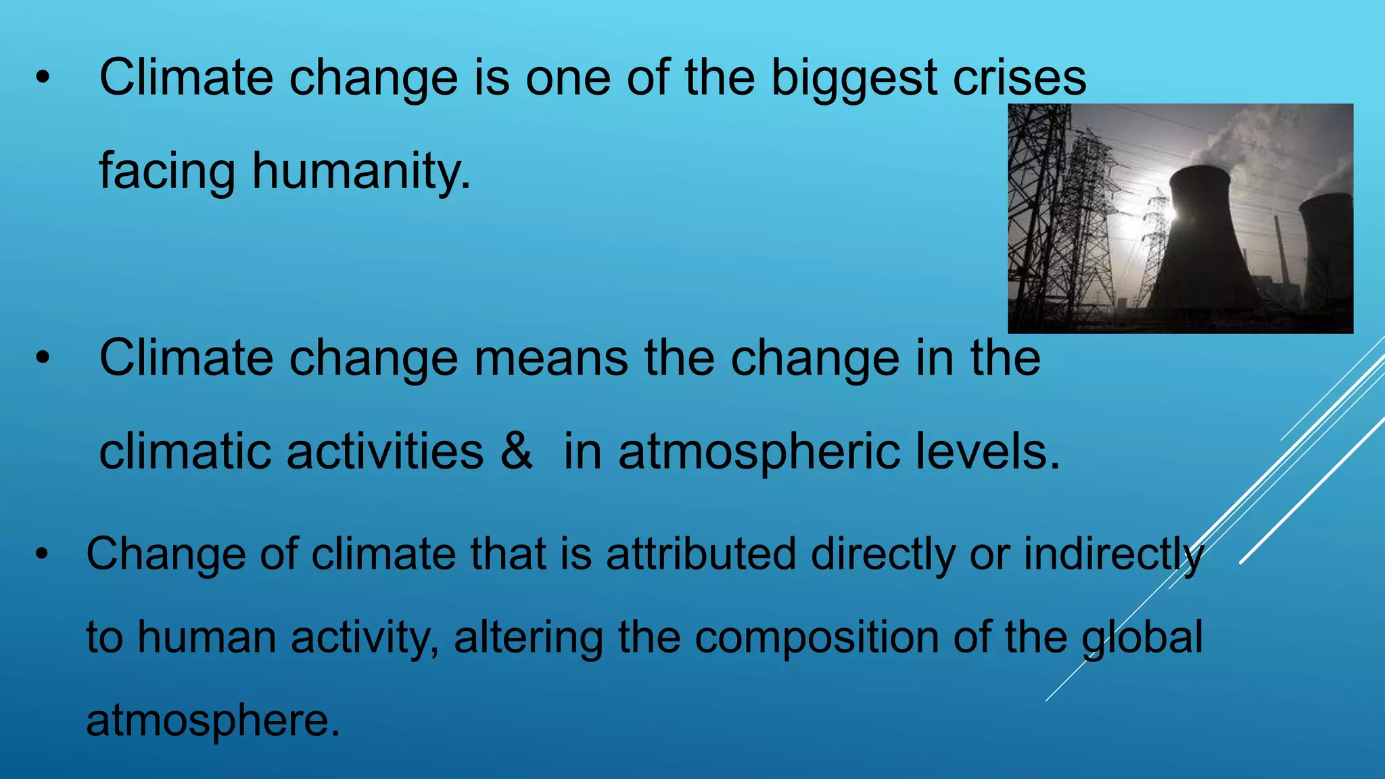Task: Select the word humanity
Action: pos(361,171)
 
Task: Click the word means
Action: pos(550,358)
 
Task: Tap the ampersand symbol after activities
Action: pos(517,451)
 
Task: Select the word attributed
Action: pos(701,554)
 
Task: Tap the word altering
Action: pos(528,638)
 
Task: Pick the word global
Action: pos(1142,638)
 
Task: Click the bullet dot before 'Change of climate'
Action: pos(43,554)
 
